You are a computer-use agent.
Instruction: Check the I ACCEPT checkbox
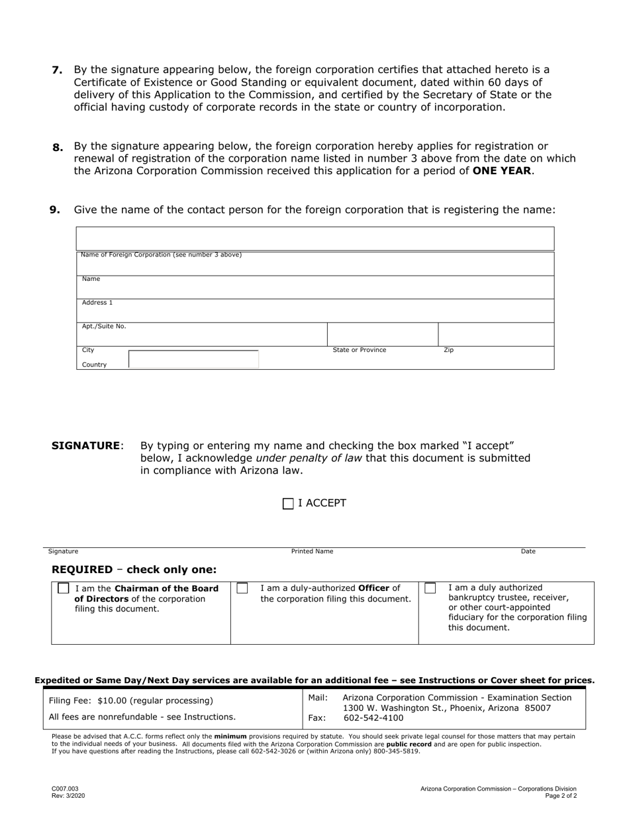[288, 504]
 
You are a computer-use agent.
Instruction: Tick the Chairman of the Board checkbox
[64, 588]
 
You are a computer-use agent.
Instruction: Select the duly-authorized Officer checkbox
[242, 588]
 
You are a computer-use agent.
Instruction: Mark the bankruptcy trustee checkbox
[430, 588]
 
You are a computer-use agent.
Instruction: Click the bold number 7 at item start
[57, 70]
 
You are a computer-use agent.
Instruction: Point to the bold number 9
[55, 210]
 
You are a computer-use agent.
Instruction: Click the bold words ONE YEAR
[501, 171]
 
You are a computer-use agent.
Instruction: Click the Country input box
[193, 360]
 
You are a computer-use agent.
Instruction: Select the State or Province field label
[360, 350]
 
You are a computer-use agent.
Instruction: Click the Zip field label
[448, 350]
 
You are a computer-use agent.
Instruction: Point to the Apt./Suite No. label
[104, 327]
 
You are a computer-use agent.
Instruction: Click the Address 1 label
[97, 303]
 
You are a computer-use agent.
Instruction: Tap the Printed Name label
[313, 551]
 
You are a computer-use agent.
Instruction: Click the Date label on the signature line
[528, 551]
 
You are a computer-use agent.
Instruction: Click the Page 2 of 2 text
[561, 796]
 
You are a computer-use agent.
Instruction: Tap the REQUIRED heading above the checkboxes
[82, 570]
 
